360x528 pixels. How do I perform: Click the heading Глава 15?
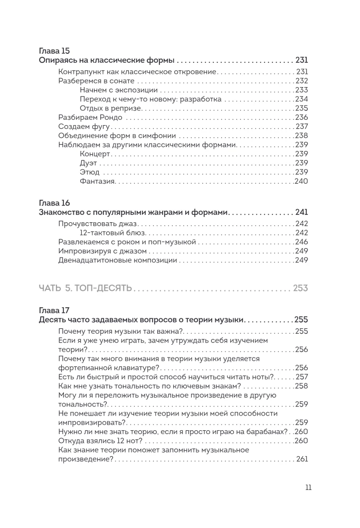[54, 51]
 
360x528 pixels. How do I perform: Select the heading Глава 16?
[54, 203]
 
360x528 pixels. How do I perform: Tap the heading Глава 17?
[54, 310]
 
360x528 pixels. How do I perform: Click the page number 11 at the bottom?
[308, 487]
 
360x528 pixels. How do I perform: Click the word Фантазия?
[98, 181]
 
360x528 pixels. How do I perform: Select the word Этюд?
[89, 172]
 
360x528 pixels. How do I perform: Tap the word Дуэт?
[89, 163]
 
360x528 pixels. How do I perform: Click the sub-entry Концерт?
[94, 154]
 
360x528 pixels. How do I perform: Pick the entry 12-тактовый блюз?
[112, 232]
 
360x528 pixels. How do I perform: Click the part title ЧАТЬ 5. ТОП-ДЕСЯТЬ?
[86, 288]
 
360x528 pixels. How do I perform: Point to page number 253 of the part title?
[300, 288]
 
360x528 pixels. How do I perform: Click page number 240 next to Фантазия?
[301, 181]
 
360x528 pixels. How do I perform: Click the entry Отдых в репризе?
[111, 108]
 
